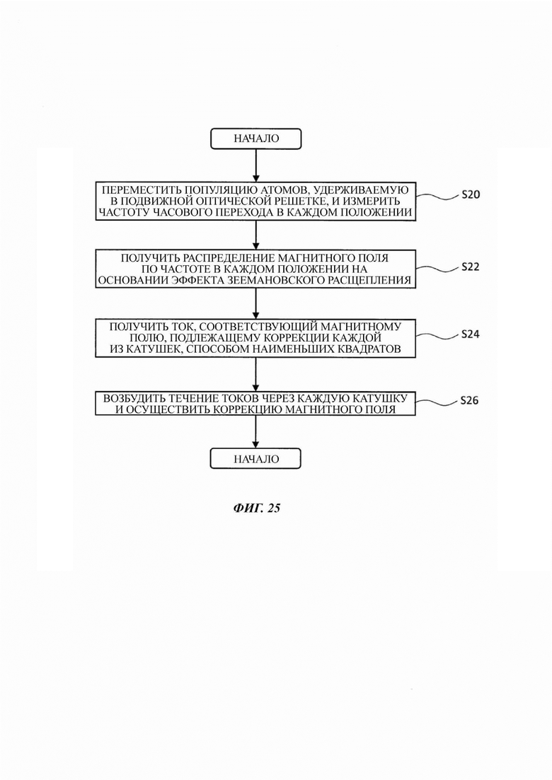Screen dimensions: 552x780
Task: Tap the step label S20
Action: click(x=471, y=194)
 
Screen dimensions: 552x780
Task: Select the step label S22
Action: click(x=471, y=267)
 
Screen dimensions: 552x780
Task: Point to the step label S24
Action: click(x=471, y=334)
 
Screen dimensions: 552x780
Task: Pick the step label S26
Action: click(x=469, y=400)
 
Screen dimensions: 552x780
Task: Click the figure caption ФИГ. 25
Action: click(x=256, y=508)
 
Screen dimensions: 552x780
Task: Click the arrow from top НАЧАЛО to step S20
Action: click(x=256, y=165)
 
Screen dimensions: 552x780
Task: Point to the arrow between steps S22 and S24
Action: click(x=256, y=304)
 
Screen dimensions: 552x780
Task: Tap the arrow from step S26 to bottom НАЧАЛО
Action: click(x=256, y=432)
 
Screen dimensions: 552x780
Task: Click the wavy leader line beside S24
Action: click(x=437, y=336)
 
